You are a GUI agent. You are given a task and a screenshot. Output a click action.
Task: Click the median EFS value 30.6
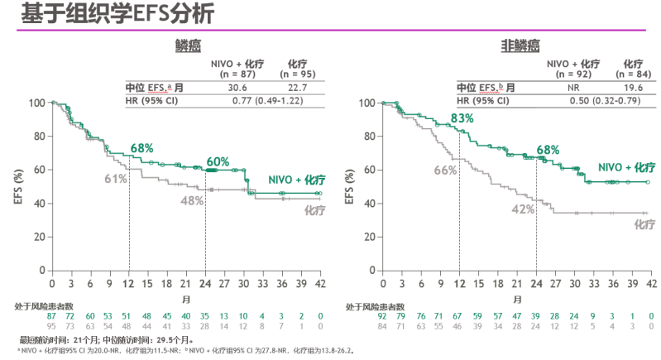(238, 87)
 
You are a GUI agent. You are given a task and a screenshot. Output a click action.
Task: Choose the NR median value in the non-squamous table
(572, 87)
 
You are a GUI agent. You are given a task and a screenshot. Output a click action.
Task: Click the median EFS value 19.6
(633, 87)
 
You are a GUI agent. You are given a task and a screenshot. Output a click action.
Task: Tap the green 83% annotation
(462, 118)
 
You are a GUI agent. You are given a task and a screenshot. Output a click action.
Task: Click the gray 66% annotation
(446, 170)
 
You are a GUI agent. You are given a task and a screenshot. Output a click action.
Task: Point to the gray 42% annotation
(522, 209)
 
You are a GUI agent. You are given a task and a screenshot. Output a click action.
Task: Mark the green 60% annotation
(218, 161)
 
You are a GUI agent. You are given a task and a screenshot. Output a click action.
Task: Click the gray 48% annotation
(192, 200)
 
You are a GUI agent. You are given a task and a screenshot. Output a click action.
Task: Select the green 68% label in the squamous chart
(141, 148)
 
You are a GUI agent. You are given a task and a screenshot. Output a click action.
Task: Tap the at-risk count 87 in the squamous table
(52, 316)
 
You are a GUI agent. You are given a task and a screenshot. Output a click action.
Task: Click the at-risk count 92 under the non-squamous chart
(383, 316)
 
